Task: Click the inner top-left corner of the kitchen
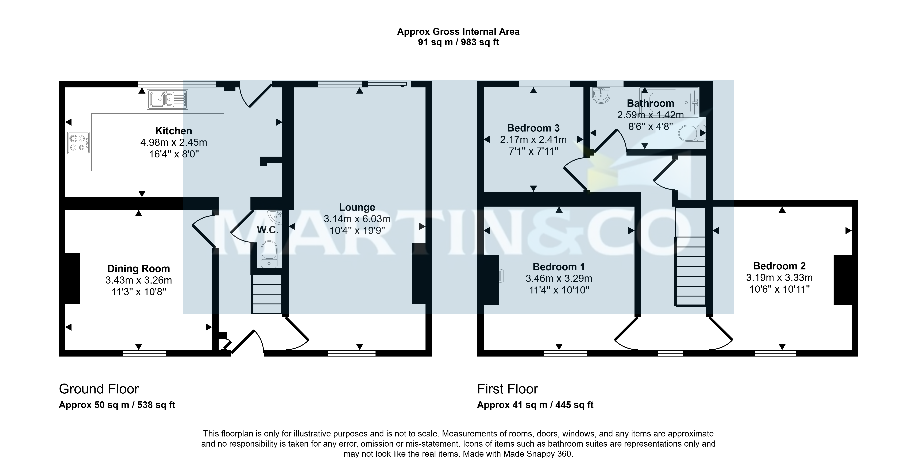65,87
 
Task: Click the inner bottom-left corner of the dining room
65,350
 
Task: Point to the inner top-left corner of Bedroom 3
483,87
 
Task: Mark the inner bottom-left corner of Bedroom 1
483,350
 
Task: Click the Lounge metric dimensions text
357,219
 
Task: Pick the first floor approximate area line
535,405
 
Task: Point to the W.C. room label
268,230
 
